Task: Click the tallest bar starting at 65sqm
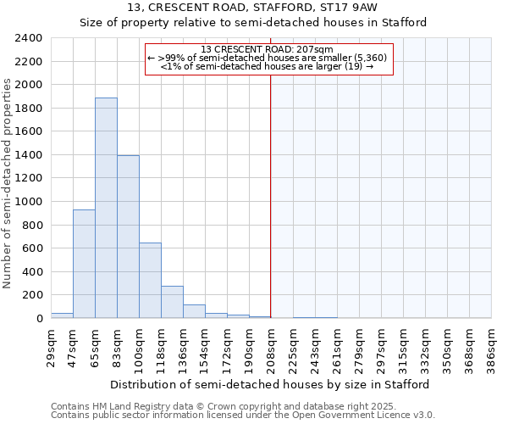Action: pos(106,208)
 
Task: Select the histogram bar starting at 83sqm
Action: pos(128,237)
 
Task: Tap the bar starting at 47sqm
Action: pos(84,264)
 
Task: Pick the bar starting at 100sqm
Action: pos(150,280)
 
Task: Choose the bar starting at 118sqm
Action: pos(172,302)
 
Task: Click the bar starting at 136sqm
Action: pos(194,311)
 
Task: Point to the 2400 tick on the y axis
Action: pos(30,38)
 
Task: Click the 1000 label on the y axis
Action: pos(30,202)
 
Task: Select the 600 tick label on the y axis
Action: pos(33,248)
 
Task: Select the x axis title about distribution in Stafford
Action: pos(270,384)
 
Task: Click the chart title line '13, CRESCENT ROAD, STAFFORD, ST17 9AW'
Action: pos(253,8)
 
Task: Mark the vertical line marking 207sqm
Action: pos(271,195)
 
